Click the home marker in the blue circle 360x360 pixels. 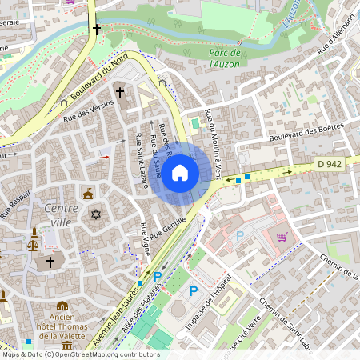coord(180,172)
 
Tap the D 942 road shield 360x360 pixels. coord(328,164)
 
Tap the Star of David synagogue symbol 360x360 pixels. coord(96,215)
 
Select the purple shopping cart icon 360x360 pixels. coord(282,237)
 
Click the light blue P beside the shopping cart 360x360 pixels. coord(239,237)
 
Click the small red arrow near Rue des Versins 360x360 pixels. coord(104,158)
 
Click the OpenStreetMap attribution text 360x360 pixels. coord(81,354)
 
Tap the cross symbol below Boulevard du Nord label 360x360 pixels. coord(120,93)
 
